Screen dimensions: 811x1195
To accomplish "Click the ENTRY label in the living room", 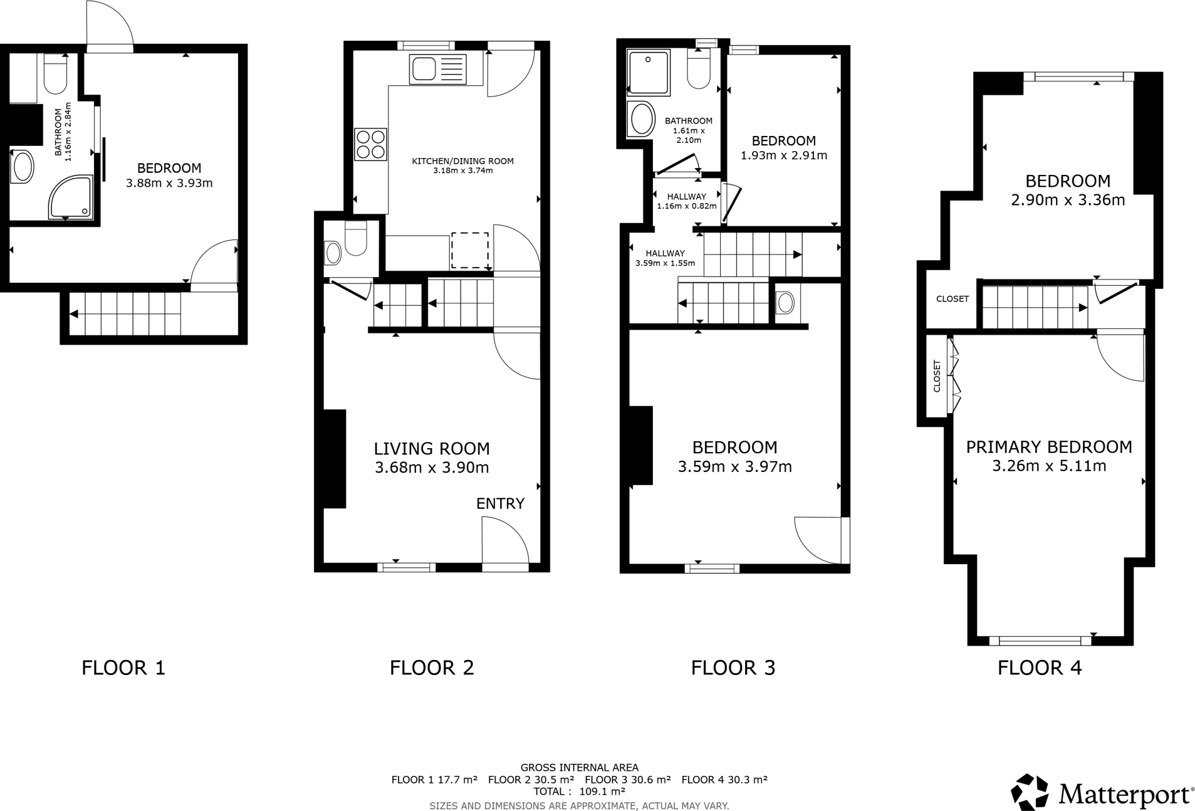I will (500, 504).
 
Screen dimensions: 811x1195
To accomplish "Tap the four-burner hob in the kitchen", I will (371, 144).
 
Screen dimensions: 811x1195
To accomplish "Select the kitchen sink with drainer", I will (438, 69).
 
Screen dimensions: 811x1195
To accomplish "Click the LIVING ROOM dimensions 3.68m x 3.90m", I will (432, 467).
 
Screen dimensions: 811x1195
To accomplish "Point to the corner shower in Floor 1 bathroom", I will (71, 198).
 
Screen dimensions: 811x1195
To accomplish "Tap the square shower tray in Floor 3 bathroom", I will (648, 72).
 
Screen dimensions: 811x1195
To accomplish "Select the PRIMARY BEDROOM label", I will (1049, 447).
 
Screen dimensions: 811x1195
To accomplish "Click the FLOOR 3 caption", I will (733, 667).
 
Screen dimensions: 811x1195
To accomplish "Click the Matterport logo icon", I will (1030, 792).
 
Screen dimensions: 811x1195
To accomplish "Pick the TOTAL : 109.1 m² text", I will (579, 792).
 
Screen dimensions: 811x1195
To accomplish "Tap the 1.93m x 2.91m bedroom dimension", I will (784, 156).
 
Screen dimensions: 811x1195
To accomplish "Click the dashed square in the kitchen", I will (470, 250).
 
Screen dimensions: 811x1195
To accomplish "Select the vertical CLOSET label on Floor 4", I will (937, 376).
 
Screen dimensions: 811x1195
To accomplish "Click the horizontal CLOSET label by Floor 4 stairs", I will (952, 299).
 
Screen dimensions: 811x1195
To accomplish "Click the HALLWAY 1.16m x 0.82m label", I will (687, 201).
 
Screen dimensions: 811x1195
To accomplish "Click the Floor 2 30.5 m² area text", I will (531, 779).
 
